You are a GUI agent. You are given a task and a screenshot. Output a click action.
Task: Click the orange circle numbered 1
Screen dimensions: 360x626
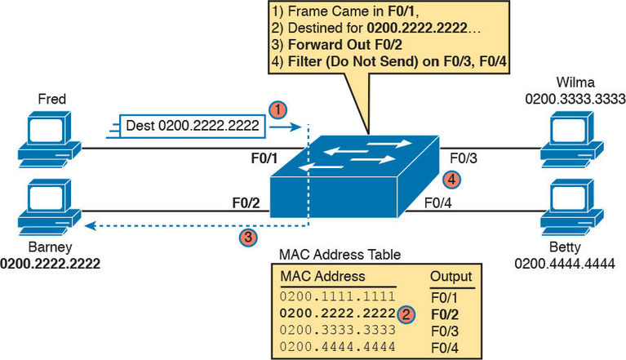tap(278, 109)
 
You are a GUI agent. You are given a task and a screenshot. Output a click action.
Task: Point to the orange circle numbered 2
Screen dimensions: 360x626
tap(407, 313)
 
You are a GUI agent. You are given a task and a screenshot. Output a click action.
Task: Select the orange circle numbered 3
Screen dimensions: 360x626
tap(248, 238)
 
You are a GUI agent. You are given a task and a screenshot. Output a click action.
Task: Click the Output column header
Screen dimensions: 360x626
tap(449, 277)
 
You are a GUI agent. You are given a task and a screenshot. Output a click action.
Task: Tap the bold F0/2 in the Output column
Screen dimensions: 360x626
tap(445, 313)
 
